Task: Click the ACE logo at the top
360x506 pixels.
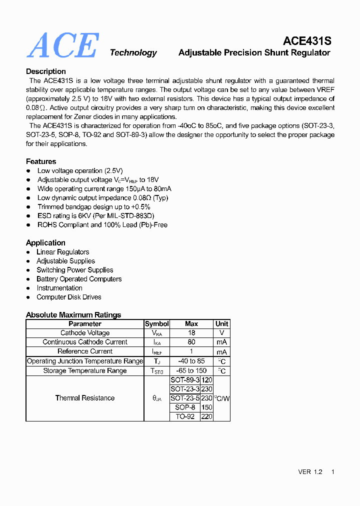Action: pyautogui.click(x=62, y=45)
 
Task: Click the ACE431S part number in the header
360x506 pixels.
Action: pyautogui.click(x=307, y=41)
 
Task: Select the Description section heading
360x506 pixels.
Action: pyautogui.click(x=46, y=71)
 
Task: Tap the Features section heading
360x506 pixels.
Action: pyautogui.click(x=41, y=161)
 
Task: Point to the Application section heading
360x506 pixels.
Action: pyautogui.click(x=45, y=243)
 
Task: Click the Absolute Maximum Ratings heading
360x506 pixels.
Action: pyautogui.click(x=73, y=315)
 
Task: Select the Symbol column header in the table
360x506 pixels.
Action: pyautogui.click(x=157, y=324)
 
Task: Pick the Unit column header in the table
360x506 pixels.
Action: pyautogui.click(x=221, y=324)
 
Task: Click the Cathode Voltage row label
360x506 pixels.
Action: pyautogui.click(x=85, y=333)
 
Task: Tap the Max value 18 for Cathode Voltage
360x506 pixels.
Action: pyautogui.click(x=191, y=333)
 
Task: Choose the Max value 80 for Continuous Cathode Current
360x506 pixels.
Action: pyautogui.click(x=191, y=342)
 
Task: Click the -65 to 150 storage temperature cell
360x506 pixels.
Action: pyautogui.click(x=191, y=371)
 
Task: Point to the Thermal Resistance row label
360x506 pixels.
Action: pyautogui.click(x=85, y=398)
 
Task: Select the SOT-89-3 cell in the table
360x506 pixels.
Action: pyautogui.click(x=185, y=380)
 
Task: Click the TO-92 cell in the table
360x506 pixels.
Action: pyautogui.click(x=185, y=416)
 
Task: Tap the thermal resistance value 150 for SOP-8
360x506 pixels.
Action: pyautogui.click(x=206, y=407)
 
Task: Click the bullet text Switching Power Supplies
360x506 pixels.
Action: pyautogui.click(x=75, y=270)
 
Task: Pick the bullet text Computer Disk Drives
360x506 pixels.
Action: pyautogui.click(x=69, y=297)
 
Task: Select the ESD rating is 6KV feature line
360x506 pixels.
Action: pyautogui.click(x=96, y=216)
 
